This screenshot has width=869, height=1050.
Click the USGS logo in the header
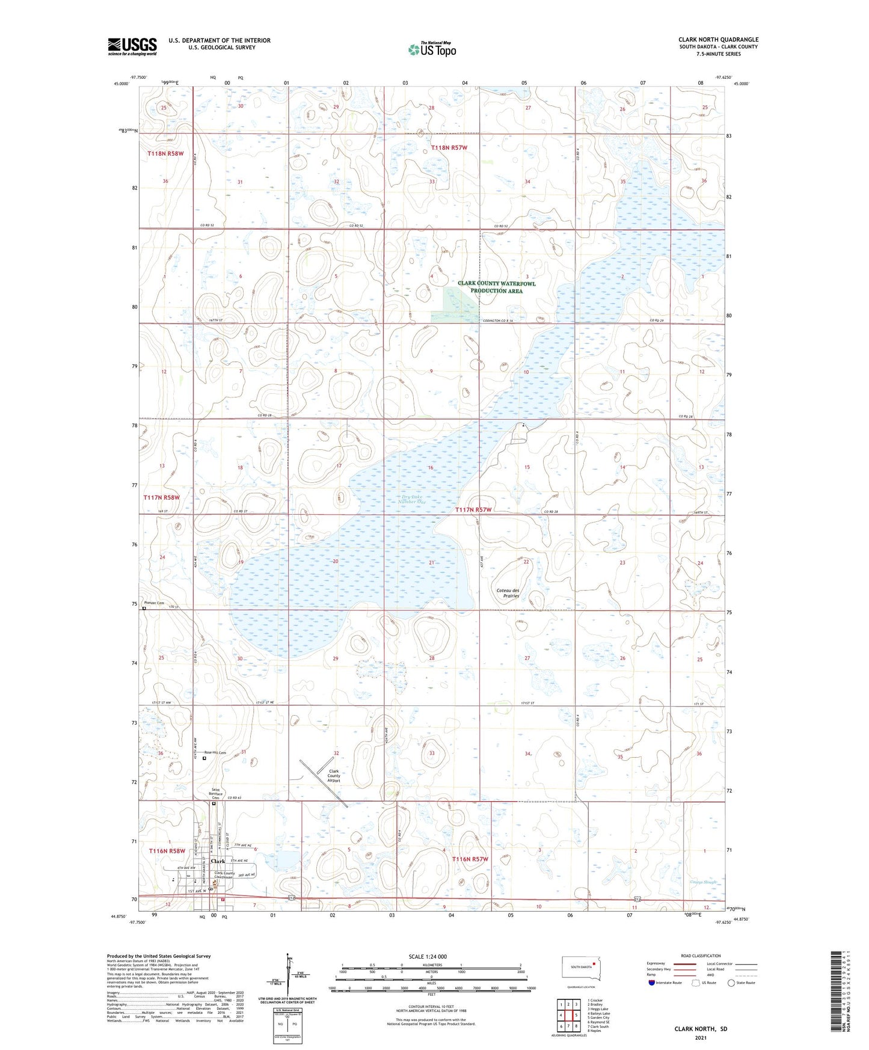(132, 46)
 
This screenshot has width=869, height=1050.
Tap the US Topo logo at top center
(432, 49)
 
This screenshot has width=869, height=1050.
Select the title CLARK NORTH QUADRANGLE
(718, 40)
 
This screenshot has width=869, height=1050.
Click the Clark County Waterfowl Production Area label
(496, 287)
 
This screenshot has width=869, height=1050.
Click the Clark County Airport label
(334, 776)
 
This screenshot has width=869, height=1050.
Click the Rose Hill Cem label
(215, 753)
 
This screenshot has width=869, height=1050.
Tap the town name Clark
(218, 861)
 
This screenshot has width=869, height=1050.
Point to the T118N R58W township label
(165, 154)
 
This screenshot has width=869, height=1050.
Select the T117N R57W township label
(473, 510)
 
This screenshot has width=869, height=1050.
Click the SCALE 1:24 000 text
(428, 956)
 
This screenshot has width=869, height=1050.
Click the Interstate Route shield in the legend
(652, 983)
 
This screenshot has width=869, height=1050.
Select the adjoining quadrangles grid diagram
(568, 1016)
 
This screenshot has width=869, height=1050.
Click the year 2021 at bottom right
(701, 1037)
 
